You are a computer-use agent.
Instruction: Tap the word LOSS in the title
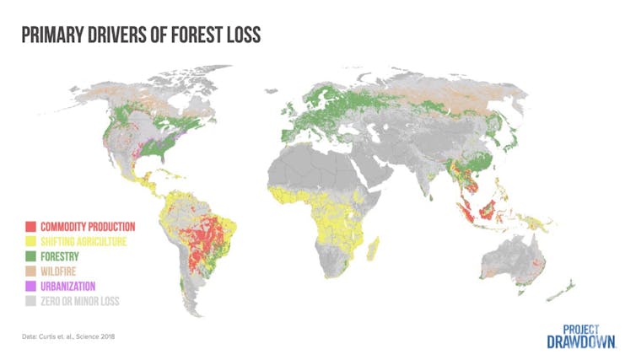pos(239,35)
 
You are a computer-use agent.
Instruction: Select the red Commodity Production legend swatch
pos(30,226)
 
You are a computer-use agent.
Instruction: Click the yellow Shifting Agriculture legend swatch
pos(30,239)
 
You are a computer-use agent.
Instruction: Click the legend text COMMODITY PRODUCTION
pos(87,226)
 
